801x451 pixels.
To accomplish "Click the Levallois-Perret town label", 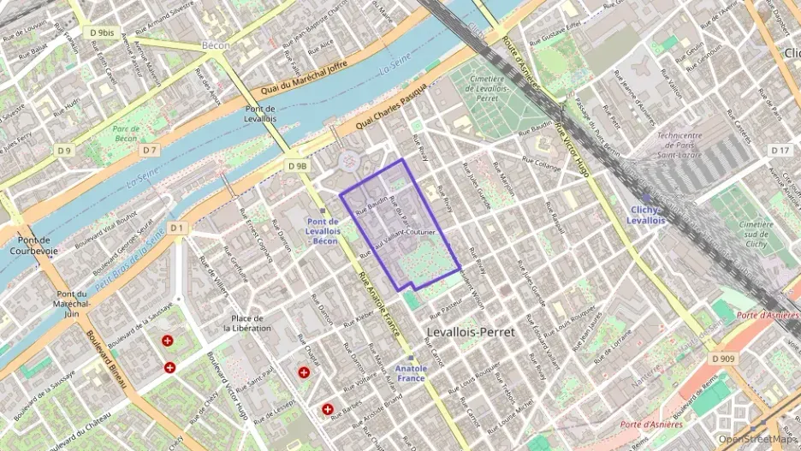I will [471, 332].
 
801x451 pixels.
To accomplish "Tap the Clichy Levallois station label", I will [646, 215].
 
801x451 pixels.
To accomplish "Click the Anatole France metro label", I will [411, 373].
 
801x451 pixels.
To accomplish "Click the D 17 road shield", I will [780, 151].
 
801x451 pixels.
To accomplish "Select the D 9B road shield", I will [298, 165].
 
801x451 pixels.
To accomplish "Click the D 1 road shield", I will [177, 228].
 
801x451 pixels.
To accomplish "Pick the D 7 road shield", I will [150, 151].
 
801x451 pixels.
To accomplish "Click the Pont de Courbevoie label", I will [34, 246].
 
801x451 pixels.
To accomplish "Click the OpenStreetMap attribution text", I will [756, 439].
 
